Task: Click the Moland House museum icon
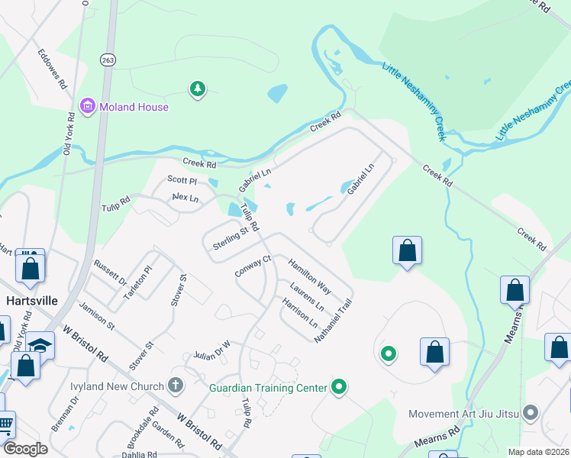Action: click(87, 106)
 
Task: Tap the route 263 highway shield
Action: click(106, 59)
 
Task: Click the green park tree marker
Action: click(198, 89)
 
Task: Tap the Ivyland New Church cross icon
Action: click(176, 385)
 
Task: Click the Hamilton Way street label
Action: click(309, 276)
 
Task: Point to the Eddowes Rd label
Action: click(51, 69)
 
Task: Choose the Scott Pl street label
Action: click(182, 181)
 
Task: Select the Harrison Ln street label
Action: click(300, 312)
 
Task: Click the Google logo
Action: click(25, 449)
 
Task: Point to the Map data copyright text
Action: click(537, 452)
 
